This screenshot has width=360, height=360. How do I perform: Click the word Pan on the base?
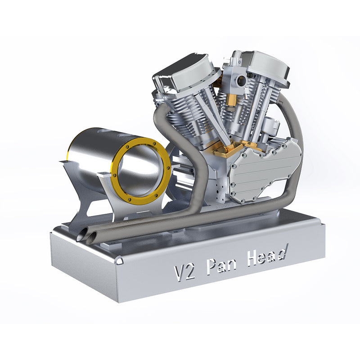click(x=221, y=266)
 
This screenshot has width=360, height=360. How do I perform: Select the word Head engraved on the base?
click(x=267, y=257)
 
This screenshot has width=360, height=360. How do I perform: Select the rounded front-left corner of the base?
click(x=119, y=261)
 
